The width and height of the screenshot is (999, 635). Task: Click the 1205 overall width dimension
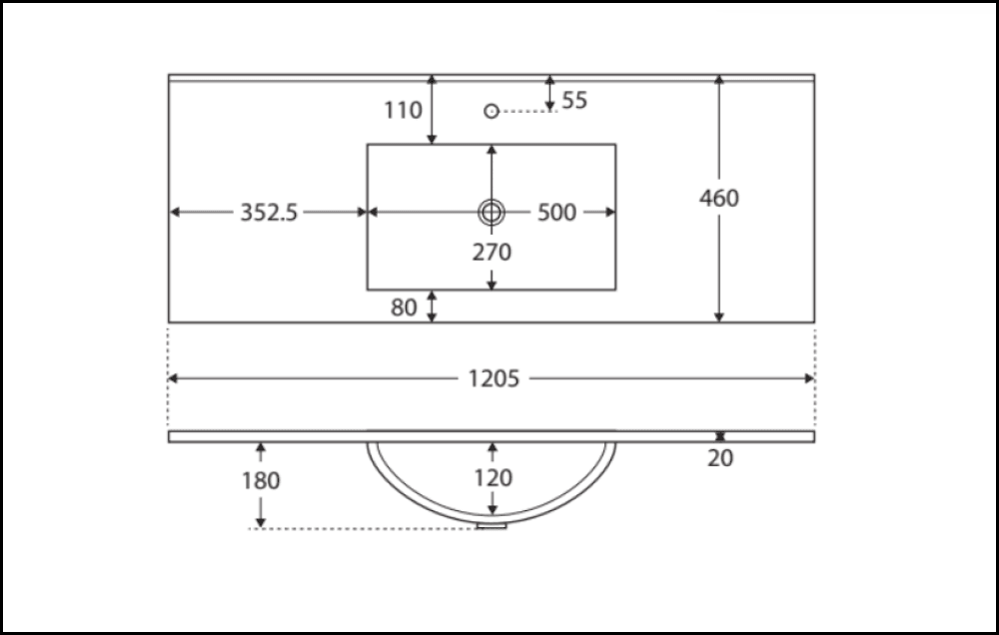pyautogui.click(x=494, y=378)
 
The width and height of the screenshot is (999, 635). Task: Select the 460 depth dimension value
pyautogui.click(x=719, y=198)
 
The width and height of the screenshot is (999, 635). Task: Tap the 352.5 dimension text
pyautogui.click(x=269, y=213)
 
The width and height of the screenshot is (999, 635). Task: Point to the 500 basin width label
pyautogui.click(x=556, y=213)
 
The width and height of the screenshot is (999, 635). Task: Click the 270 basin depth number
pyautogui.click(x=492, y=253)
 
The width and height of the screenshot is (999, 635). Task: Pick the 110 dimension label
pyautogui.click(x=404, y=110)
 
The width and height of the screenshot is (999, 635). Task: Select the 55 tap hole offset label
pyautogui.click(x=574, y=100)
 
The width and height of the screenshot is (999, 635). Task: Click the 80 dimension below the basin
pyautogui.click(x=404, y=308)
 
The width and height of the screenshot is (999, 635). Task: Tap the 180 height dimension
pyautogui.click(x=261, y=480)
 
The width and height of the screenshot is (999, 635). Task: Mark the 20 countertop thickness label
pyautogui.click(x=719, y=460)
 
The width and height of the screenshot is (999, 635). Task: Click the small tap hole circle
pyautogui.click(x=492, y=111)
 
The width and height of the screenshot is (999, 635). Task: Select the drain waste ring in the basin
pyautogui.click(x=492, y=212)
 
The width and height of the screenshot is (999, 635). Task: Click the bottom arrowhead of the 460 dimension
pyautogui.click(x=719, y=317)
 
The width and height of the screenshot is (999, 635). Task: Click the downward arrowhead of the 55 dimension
pyautogui.click(x=549, y=105)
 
